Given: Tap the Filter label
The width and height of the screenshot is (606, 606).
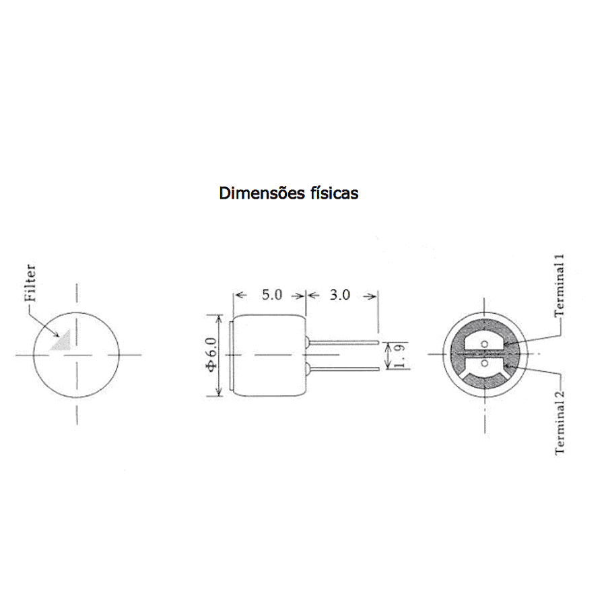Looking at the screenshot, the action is tap(30, 283).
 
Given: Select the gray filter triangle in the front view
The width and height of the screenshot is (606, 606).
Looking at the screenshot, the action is tap(62, 341).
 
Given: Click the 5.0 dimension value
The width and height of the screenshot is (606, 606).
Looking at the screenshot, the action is tap(272, 295).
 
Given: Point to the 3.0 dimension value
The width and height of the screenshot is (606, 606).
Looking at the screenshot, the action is tap(340, 295).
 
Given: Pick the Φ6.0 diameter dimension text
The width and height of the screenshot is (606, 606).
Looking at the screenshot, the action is tap(212, 354).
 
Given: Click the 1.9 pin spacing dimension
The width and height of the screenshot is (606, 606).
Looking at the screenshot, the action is tap(400, 356).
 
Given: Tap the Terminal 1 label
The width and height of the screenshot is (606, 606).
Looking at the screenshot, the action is tap(560, 285).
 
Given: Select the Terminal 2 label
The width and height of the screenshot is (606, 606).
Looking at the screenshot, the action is tap(560, 422).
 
